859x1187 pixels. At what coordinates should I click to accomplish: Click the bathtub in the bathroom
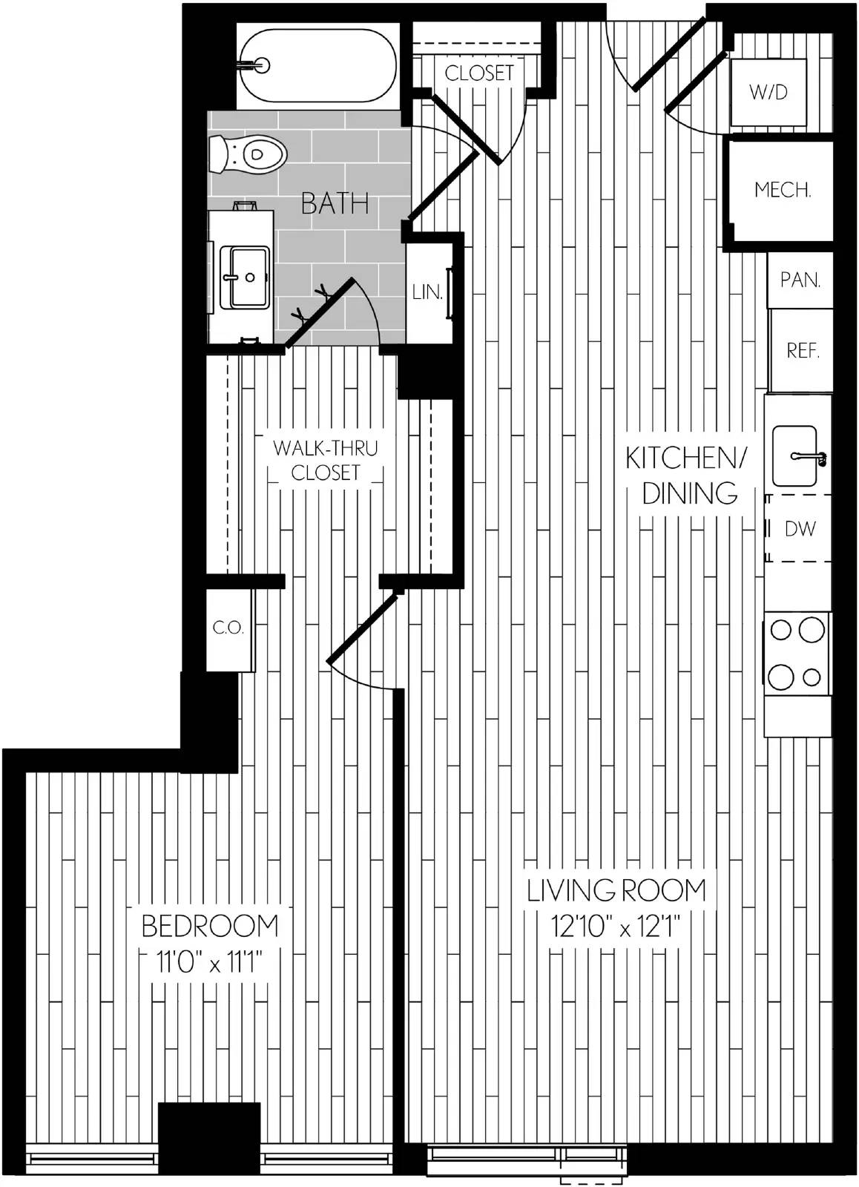[318, 66]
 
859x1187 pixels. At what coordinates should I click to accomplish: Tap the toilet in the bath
[248, 155]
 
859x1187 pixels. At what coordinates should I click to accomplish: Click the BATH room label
[335, 204]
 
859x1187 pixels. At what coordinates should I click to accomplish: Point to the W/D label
[768, 92]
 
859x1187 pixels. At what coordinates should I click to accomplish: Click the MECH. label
[782, 189]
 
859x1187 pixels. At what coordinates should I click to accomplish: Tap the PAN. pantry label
[800, 280]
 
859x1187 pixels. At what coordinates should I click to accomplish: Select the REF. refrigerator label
[803, 350]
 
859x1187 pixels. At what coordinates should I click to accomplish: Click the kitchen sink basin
[794, 456]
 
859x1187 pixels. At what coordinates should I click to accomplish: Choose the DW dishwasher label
[800, 528]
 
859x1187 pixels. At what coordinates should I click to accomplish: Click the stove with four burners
[797, 654]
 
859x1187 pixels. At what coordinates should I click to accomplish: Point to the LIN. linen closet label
[427, 292]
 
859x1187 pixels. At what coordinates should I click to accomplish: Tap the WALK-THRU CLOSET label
[326, 460]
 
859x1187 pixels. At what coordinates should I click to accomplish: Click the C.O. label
[228, 628]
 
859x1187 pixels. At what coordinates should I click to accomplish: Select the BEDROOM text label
[210, 926]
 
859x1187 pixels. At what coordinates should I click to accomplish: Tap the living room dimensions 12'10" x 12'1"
[615, 927]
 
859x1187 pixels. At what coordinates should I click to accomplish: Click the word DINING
[689, 493]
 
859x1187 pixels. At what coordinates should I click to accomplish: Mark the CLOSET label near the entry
[479, 73]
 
